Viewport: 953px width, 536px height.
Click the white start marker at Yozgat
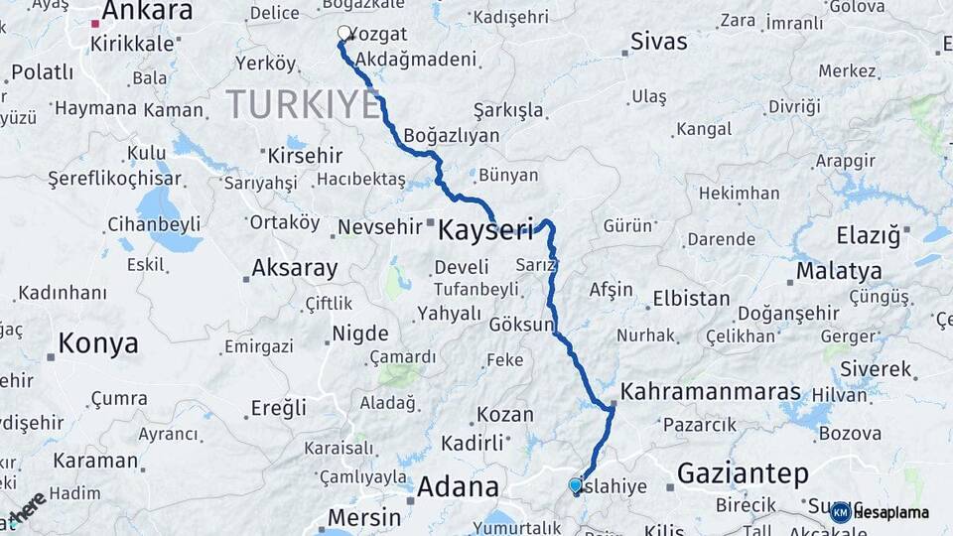point(344,34)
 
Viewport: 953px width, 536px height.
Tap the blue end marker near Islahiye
point(575,485)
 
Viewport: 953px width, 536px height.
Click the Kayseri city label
point(485,228)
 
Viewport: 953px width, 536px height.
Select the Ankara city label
point(147,12)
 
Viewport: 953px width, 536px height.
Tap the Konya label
point(97,343)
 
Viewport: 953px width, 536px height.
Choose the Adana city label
point(458,486)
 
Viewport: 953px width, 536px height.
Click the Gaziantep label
point(743,473)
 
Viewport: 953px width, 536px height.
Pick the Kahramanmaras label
point(711,391)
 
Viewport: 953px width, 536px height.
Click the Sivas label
point(659,42)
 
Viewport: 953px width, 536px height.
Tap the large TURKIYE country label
point(303,104)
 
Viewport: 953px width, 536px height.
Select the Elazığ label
point(869,236)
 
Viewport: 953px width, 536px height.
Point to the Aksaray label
point(294,268)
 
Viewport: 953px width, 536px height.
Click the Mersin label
point(364,517)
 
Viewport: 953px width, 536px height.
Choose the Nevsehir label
point(380,227)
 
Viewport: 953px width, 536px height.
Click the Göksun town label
point(521,325)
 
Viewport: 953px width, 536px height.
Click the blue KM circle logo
point(840,512)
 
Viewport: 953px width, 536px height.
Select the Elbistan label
point(691,299)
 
